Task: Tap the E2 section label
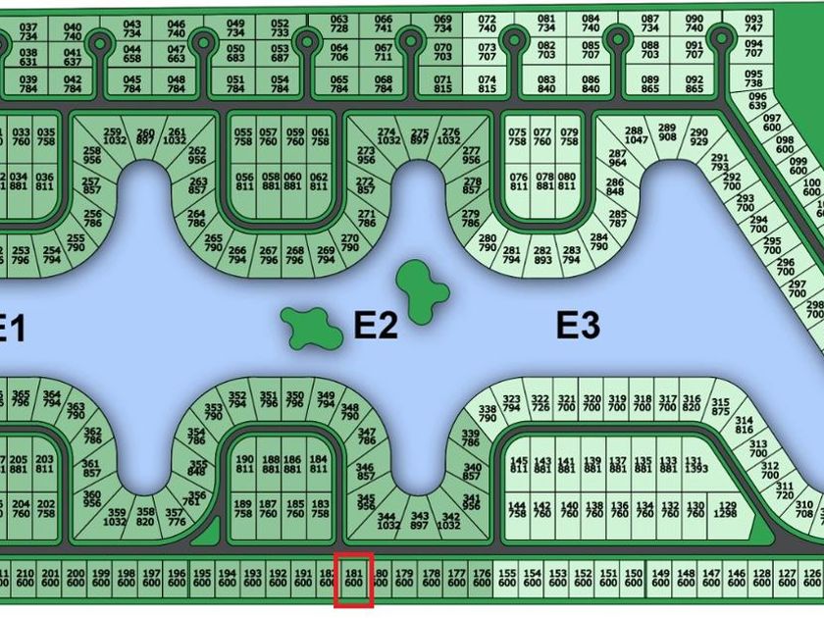tap(376, 326)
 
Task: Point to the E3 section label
tap(578, 325)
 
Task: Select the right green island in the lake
tap(422, 289)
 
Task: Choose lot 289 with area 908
tap(667, 133)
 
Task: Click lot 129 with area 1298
tap(726, 508)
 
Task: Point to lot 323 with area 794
tap(511, 403)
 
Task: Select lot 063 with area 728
tap(339, 25)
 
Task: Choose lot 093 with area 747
tap(753, 25)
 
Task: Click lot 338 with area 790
tap(487, 413)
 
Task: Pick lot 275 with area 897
tap(420, 135)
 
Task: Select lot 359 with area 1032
tap(118, 517)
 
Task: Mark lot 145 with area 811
tap(519, 465)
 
